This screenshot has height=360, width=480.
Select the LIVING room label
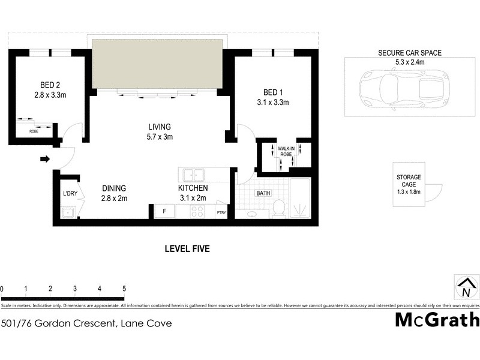(x=160, y=127)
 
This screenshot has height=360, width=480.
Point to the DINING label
(x=113, y=188)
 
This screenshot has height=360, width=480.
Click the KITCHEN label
(x=193, y=188)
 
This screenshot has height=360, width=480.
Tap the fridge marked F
(x=164, y=212)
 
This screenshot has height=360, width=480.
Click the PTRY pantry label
(x=221, y=212)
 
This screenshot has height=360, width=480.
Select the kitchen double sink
(x=193, y=175)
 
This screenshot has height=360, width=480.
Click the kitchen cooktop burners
(x=197, y=212)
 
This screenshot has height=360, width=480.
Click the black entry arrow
(x=45, y=159)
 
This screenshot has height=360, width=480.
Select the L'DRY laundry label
(x=70, y=194)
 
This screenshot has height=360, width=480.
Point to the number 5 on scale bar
(x=124, y=289)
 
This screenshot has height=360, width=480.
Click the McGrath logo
(x=437, y=320)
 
